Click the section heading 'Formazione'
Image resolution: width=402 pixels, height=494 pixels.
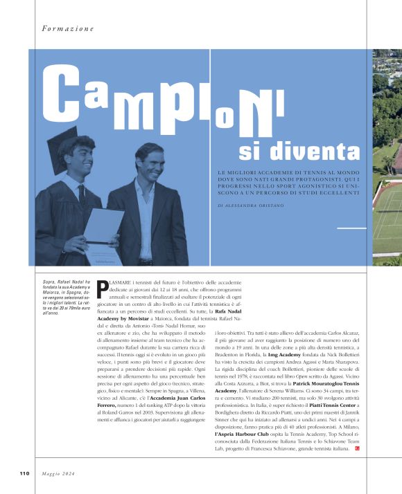pos(67,29)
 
